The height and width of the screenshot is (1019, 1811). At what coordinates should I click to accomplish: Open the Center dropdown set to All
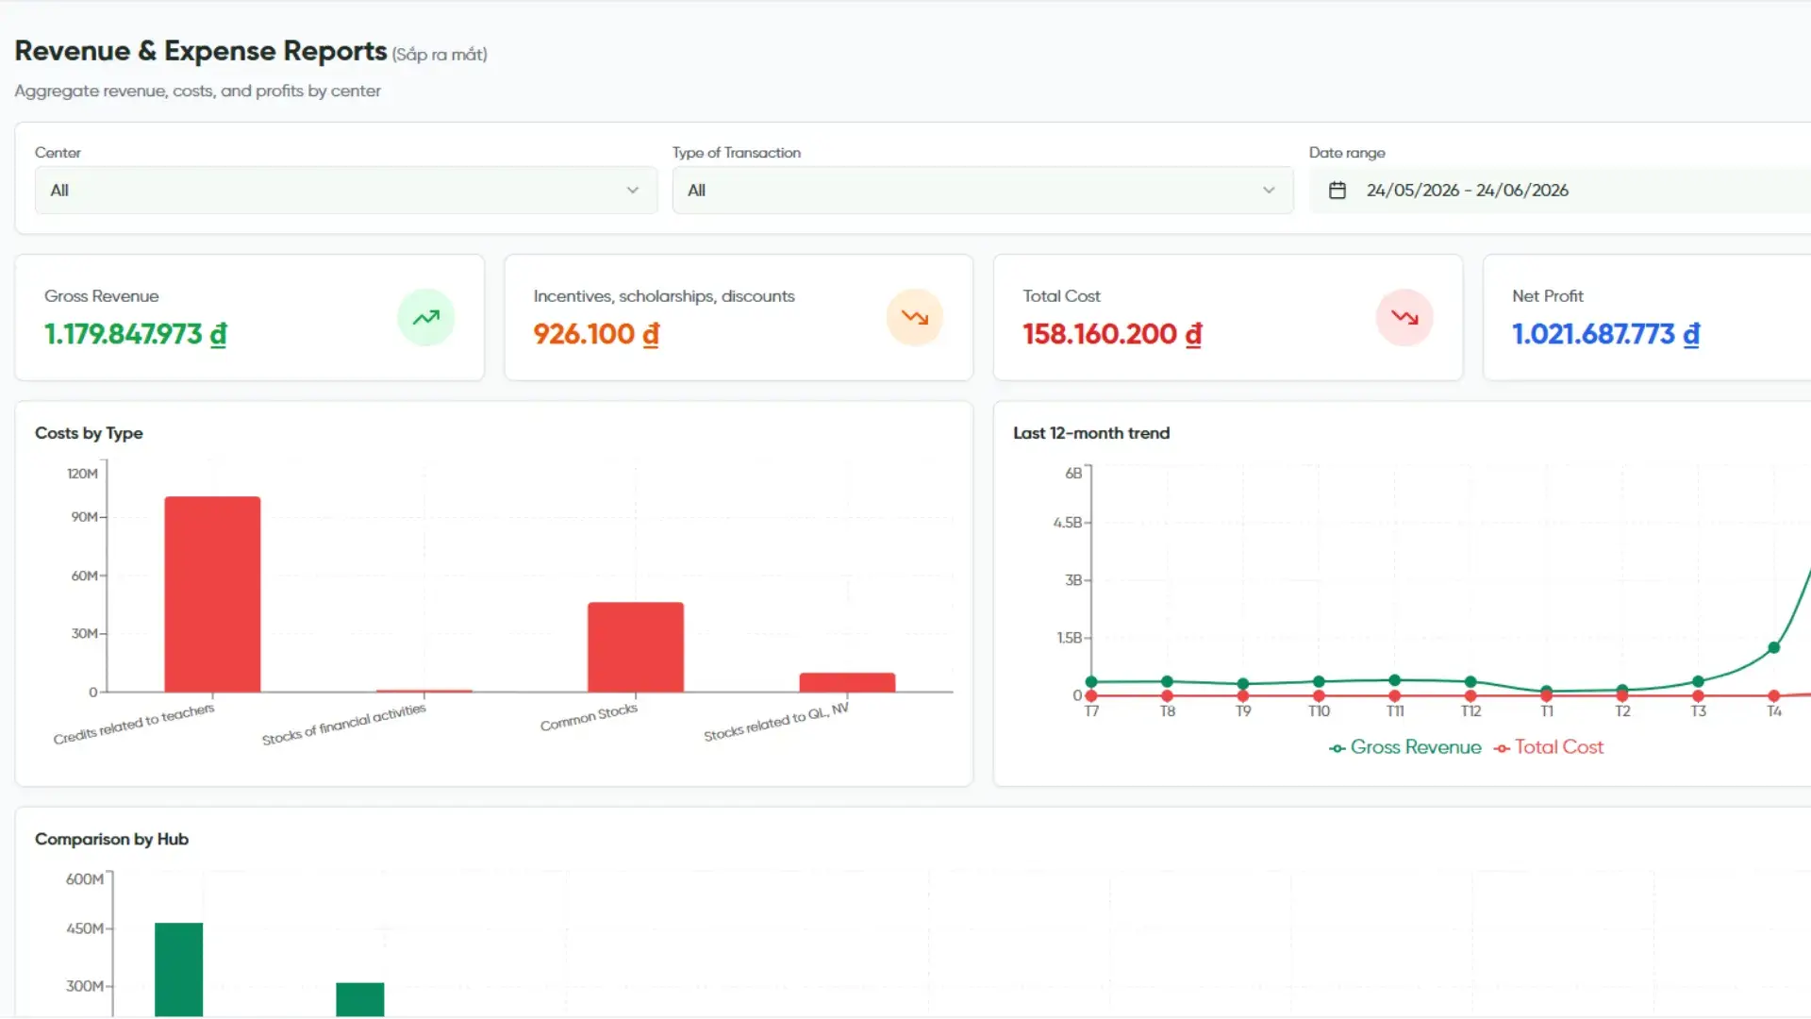click(345, 190)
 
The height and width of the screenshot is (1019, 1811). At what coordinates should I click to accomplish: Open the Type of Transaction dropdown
click(982, 190)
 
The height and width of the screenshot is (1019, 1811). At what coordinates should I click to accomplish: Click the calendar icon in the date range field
click(1337, 191)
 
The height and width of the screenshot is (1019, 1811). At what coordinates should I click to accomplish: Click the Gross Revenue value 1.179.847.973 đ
click(136, 334)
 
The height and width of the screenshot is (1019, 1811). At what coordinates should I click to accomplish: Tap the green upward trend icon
click(425, 317)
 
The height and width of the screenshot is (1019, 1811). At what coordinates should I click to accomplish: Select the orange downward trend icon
click(914, 317)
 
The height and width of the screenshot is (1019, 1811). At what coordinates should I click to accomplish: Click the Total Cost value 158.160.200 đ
click(1112, 334)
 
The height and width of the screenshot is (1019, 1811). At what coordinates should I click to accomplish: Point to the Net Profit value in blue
click(1605, 334)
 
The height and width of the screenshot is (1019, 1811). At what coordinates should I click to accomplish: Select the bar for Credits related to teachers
click(212, 594)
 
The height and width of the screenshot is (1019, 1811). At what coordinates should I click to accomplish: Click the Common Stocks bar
click(636, 647)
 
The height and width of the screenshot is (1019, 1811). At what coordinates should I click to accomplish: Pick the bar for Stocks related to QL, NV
click(847, 682)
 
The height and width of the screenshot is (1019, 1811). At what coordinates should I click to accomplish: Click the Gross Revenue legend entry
click(1404, 747)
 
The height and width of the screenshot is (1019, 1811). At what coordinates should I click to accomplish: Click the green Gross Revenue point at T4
click(1774, 648)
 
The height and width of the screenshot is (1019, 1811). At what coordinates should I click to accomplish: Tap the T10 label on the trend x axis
click(1319, 711)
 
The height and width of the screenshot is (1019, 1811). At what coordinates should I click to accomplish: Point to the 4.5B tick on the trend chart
click(1068, 523)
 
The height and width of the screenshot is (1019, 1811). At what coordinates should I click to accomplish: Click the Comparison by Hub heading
click(111, 839)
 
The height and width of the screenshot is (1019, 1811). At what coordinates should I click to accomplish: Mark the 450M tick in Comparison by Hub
click(85, 928)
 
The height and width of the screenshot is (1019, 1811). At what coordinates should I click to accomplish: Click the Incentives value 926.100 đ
click(596, 334)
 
